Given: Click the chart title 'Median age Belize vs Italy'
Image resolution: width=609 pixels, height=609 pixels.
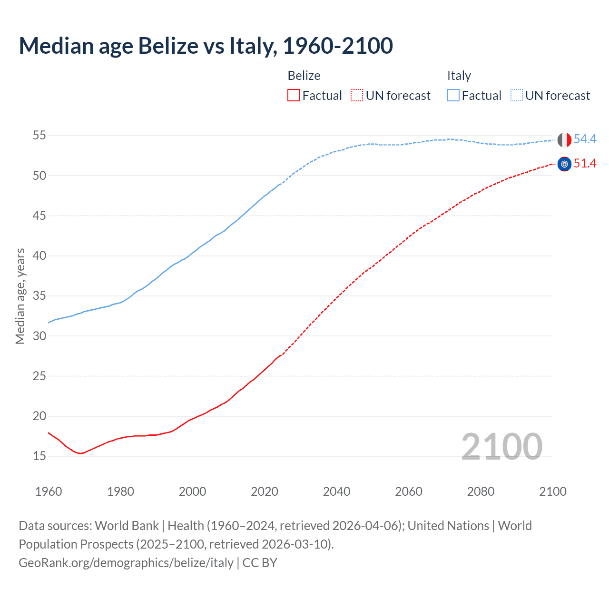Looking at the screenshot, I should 206,46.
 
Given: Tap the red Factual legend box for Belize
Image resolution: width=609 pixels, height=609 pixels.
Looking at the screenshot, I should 294,96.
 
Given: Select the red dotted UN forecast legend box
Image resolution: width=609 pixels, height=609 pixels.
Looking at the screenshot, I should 357,96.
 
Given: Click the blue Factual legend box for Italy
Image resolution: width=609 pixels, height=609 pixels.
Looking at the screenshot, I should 453,96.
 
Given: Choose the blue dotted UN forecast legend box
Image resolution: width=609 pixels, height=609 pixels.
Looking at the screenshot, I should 517,96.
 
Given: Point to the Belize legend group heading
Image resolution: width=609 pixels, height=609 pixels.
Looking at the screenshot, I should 304,76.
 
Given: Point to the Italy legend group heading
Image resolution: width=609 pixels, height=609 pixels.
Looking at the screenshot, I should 459,76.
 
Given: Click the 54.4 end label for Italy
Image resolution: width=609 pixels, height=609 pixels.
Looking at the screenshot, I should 585,139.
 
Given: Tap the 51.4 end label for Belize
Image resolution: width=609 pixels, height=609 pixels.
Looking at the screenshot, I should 585,164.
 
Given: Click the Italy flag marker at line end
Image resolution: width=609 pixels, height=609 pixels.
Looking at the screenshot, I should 564,140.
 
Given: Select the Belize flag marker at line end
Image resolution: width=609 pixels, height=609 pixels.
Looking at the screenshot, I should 564,164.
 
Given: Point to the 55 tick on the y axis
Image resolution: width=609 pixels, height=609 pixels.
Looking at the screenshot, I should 39,136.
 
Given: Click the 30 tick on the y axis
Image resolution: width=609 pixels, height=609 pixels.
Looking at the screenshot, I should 39,336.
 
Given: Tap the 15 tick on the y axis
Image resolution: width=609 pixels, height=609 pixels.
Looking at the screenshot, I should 39,456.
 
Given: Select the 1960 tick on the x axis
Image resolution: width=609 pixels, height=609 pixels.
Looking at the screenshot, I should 49,491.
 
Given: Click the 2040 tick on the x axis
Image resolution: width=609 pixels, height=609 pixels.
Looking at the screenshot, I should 337,491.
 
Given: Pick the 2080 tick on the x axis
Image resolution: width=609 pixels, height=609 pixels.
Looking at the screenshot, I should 481,491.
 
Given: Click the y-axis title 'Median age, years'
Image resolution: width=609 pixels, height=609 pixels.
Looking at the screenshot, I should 20,296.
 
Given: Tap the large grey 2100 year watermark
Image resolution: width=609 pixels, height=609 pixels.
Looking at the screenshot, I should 501,446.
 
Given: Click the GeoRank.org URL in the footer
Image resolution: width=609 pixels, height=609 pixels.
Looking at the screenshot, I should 126,563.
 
